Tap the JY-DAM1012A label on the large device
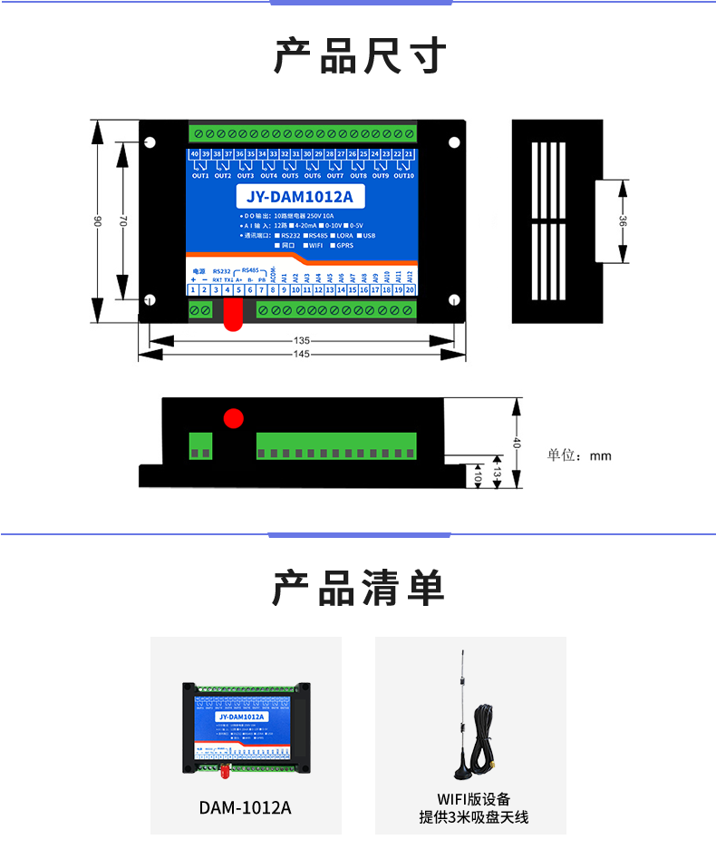(x=299, y=197)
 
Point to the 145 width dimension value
(x=302, y=354)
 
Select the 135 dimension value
(x=302, y=341)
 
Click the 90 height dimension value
(x=98, y=221)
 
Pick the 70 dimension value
(x=124, y=221)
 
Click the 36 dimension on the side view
(x=623, y=222)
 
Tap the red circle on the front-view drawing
(x=234, y=418)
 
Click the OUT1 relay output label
(x=199, y=176)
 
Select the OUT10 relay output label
(x=403, y=176)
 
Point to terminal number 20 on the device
(x=410, y=289)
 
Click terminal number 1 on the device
(x=193, y=289)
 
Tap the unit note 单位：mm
(x=579, y=455)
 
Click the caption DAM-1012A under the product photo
(x=246, y=806)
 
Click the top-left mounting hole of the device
(x=150, y=142)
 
